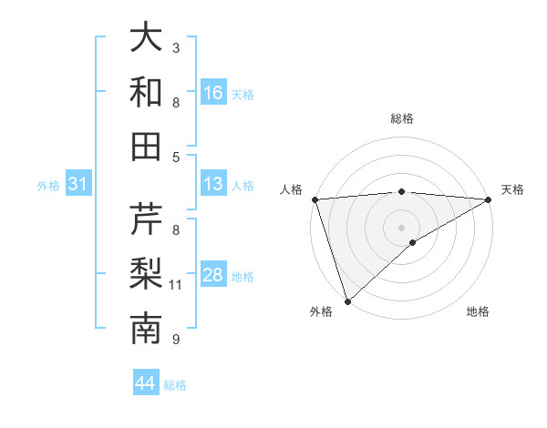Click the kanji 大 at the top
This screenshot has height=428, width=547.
point(147,39)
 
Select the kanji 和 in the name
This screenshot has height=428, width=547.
point(147,92)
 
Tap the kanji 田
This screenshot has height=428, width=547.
point(147,145)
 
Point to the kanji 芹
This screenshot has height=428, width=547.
point(147,221)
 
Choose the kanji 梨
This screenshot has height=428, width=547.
point(147,274)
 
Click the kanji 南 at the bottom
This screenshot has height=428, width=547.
point(147,328)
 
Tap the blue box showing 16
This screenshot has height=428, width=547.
point(213,93)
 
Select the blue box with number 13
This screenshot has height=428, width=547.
point(213,185)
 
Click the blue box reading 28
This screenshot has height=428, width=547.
point(213,275)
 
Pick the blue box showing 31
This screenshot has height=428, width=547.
point(78,185)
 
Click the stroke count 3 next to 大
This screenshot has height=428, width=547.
point(176,47)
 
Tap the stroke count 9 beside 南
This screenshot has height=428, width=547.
point(176,340)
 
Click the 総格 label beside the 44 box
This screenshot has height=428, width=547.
point(175,385)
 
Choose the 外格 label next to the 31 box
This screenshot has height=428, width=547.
point(48,186)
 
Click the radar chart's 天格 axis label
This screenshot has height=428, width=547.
point(512,189)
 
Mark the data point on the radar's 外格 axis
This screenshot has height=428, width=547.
point(347,301)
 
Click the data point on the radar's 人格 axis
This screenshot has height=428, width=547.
point(314,199)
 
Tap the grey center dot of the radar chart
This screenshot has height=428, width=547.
point(401,227)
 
